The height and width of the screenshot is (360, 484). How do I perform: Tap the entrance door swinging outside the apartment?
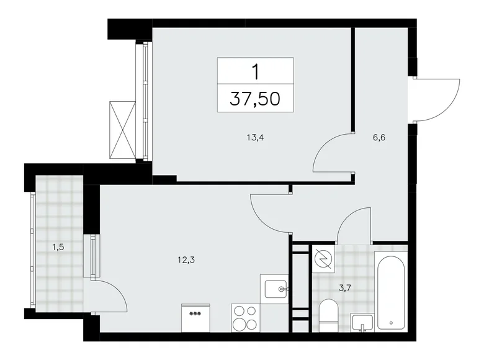437,99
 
